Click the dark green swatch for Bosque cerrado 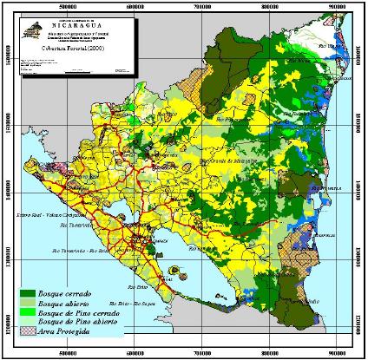(x=35, y=296)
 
